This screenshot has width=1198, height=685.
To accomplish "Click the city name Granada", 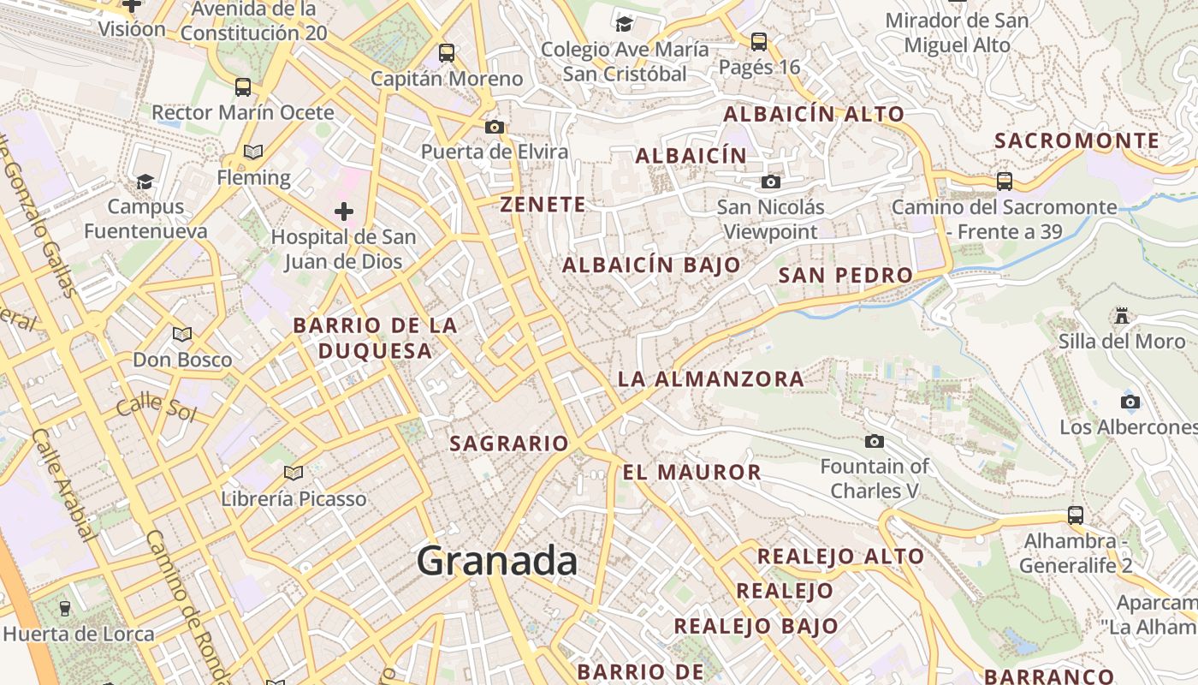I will tap(496, 562).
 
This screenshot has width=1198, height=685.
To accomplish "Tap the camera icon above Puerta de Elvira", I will tap(494, 127).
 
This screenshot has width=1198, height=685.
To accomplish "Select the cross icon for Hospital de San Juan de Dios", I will tap(344, 211).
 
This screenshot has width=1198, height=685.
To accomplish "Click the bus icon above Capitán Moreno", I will tap(447, 53).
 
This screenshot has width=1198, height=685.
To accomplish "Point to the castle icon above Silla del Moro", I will tap(1121, 315).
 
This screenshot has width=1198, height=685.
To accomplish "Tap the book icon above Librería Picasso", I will tap(294, 473).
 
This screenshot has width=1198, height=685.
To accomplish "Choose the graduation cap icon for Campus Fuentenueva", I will tap(145, 182).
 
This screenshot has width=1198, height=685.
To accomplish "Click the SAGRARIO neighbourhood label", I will tap(509, 444).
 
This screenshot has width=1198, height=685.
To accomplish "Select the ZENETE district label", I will tap(543, 205).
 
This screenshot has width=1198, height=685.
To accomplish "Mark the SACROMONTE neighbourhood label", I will tap(1077, 140).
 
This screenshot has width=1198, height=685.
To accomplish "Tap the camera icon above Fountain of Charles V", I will tap(874, 441).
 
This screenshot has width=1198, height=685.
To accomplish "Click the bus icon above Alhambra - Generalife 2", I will tap(1076, 515).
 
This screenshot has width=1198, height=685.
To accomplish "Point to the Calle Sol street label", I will tap(157, 408).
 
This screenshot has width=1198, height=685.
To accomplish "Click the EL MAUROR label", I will tap(691, 472).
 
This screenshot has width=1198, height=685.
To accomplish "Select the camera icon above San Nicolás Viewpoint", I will tap(771, 182).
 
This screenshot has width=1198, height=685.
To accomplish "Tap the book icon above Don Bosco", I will tap(181, 334).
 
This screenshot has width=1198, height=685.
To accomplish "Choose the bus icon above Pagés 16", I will tap(758, 41).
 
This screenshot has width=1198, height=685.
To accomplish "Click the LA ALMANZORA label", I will tap(710, 378).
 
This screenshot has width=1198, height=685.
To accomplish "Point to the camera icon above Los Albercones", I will tap(1130, 402).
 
